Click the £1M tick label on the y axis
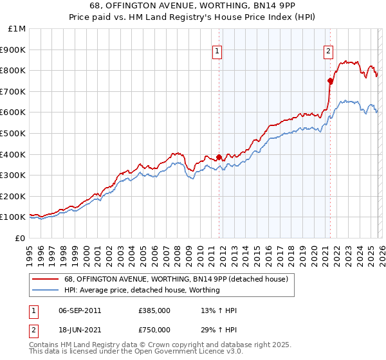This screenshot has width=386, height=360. click(17, 29)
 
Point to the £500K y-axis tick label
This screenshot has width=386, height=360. click(14, 134)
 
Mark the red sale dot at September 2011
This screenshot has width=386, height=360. click(219, 157)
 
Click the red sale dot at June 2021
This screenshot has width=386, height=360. click(330, 81)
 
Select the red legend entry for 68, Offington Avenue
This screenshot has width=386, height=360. click(179, 279)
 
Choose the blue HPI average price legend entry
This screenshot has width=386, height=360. click(142, 290)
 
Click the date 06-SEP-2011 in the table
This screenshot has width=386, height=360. click(80, 310)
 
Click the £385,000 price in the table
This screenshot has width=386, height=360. click(154, 310)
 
